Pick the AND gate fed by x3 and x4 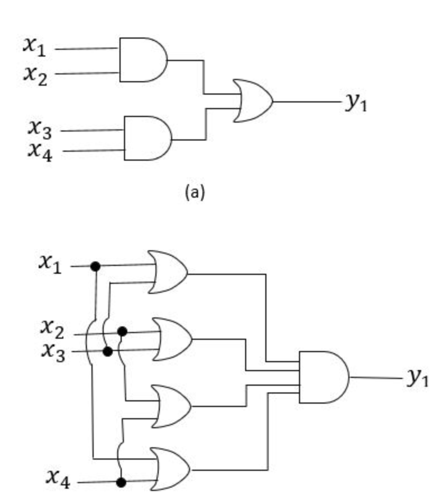pos(147,138)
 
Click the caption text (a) pos(195,193)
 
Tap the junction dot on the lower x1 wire pos(95,266)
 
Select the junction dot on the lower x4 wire pos(120,481)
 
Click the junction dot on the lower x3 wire pos(108,352)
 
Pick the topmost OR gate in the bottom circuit pos(167,272)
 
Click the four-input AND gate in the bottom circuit pos(323,377)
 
